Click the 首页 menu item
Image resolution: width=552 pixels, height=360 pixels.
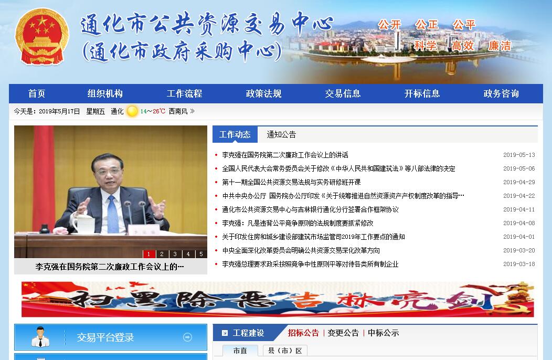[x=37, y=93]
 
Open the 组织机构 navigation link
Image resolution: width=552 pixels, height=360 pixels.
[x=105, y=93]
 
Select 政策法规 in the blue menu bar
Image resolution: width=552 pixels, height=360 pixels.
[x=263, y=93]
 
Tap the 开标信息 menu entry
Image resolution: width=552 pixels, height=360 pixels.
[x=422, y=93]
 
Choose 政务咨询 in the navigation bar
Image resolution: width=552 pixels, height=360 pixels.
[x=501, y=93]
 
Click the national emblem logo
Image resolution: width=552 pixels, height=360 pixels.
[x=42, y=37]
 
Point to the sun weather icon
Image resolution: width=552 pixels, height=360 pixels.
[x=132, y=111]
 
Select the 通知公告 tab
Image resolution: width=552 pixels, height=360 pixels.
[x=281, y=134]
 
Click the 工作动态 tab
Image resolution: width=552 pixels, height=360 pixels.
[x=235, y=134]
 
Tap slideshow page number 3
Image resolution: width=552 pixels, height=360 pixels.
[x=175, y=253]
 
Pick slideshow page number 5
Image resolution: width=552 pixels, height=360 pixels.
[x=201, y=253]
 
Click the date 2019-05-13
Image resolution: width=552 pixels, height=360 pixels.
[x=519, y=155]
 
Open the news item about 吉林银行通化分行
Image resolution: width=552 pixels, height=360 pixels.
[x=310, y=209]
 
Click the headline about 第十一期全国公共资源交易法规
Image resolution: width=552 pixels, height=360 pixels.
[x=291, y=182]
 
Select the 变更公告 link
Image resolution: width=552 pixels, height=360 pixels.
[x=343, y=333]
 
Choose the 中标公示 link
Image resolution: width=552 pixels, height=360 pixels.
[x=384, y=333]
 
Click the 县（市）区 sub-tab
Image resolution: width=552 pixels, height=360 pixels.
[x=285, y=351]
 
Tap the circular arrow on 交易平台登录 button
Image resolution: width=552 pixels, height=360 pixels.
[x=188, y=337]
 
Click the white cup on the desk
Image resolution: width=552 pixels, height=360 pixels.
[x=83, y=224]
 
